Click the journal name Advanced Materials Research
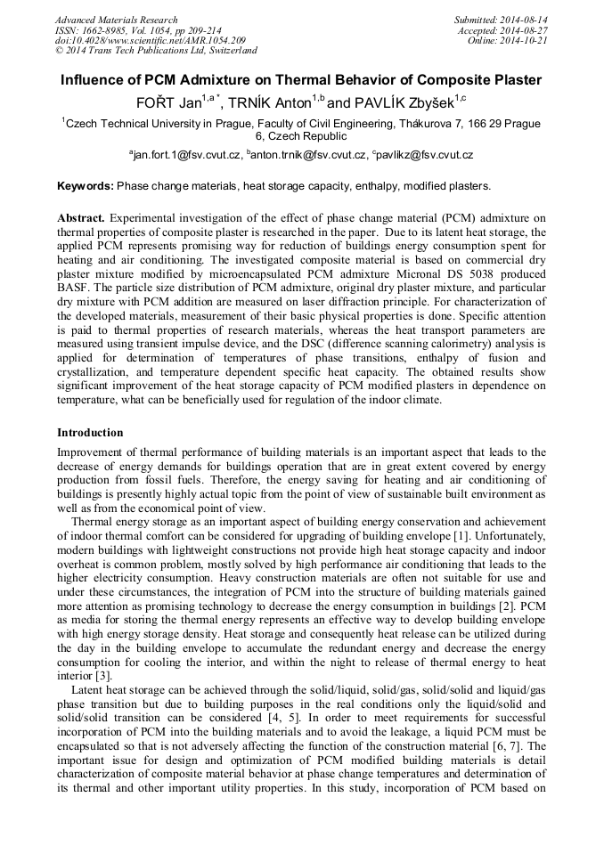[116, 20]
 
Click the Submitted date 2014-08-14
[526, 20]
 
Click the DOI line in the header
[151, 40]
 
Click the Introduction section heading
[90, 433]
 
